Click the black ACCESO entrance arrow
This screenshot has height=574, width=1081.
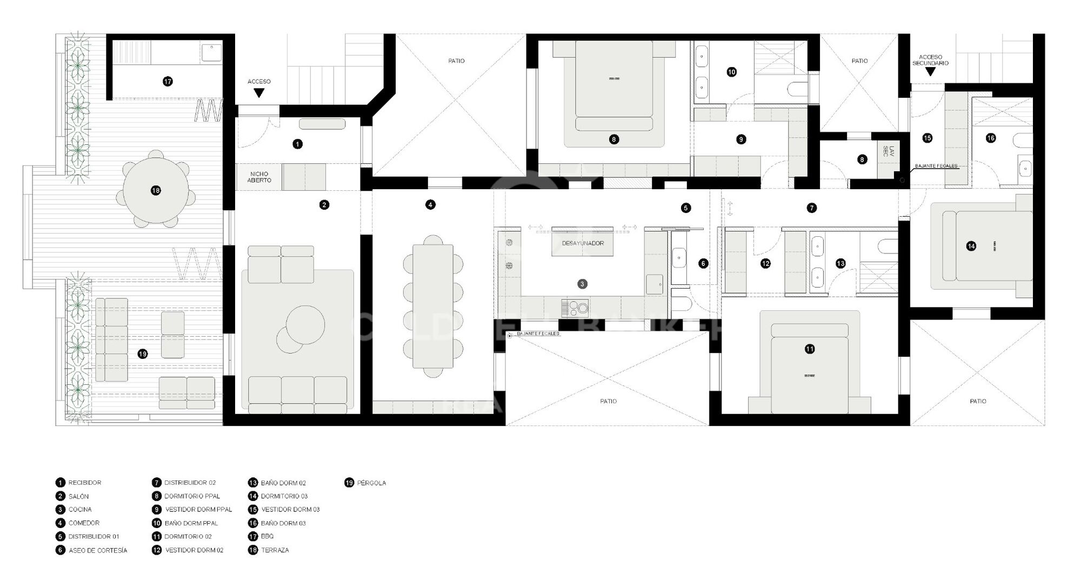259,93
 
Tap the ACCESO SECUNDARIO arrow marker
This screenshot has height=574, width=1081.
930,71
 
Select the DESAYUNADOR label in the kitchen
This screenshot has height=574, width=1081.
583,243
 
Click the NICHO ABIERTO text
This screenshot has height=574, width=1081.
259,177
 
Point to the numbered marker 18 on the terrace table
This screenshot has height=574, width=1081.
156,190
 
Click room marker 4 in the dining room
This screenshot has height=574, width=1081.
430,205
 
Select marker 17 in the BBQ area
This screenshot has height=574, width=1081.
168,82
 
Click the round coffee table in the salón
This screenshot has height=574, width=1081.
306,324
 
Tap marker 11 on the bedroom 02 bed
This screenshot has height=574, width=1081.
810,349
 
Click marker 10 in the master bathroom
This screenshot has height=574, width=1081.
731,72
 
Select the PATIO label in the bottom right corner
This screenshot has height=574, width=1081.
977,401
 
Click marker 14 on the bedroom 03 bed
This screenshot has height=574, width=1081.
971,246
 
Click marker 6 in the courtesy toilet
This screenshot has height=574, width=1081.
703,264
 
